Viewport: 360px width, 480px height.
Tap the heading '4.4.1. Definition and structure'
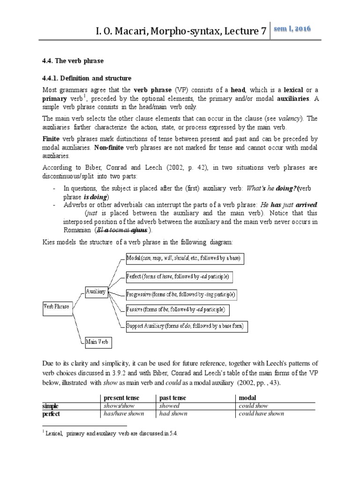tap(87, 78)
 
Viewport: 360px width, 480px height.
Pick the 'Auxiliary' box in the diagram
tap(96, 291)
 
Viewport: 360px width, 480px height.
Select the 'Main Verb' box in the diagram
tap(97, 342)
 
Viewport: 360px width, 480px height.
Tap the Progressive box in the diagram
tap(181, 294)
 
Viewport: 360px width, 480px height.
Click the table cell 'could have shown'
tap(261, 414)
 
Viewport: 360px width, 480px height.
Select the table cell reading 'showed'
tap(170, 406)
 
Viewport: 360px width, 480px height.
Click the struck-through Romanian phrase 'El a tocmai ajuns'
tap(122, 230)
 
